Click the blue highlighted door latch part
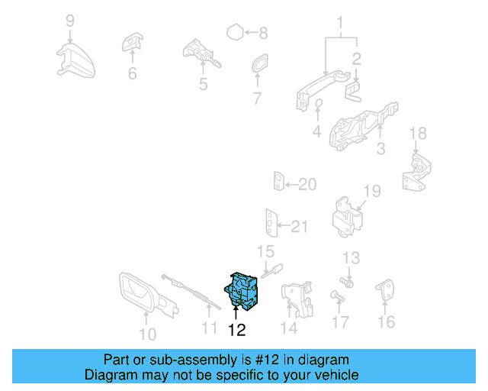(x=242, y=291)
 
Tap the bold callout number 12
(x=236, y=330)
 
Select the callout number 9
(x=70, y=21)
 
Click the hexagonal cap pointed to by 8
(x=235, y=32)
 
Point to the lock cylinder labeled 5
(x=201, y=53)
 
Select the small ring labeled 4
(x=319, y=103)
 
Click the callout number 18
(x=418, y=134)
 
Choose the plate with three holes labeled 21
(x=271, y=223)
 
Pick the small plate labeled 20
(x=279, y=181)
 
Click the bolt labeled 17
(x=337, y=296)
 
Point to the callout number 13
(x=351, y=258)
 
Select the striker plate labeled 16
(x=385, y=289)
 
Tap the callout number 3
(x=381, y=149)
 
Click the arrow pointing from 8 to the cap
(x=251, y=32)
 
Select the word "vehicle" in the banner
(x=340, y=375)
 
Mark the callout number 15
(x=265, y=252)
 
